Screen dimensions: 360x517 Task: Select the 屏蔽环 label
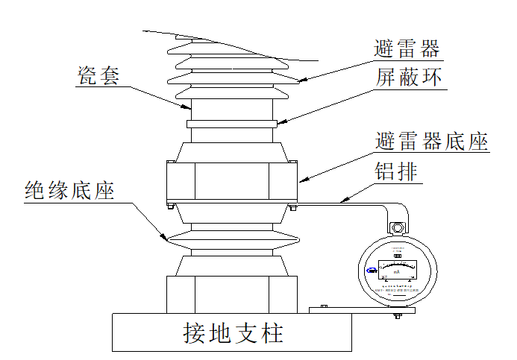point(407,78)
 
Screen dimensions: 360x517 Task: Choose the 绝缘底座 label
point(68,190)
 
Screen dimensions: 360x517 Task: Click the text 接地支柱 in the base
point(233,332)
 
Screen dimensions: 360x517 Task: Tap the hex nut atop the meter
point(397,227)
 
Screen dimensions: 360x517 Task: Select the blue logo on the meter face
point(371,271)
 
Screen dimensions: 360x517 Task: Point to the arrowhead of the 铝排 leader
point(340,200)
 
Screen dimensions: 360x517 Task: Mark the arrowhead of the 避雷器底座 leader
point(301,180)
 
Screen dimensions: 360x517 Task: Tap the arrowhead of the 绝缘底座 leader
point(166,239)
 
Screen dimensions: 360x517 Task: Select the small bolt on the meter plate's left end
point(323,306)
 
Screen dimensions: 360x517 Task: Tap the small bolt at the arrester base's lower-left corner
point(169,206)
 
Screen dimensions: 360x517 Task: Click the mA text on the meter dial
point(397,273)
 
